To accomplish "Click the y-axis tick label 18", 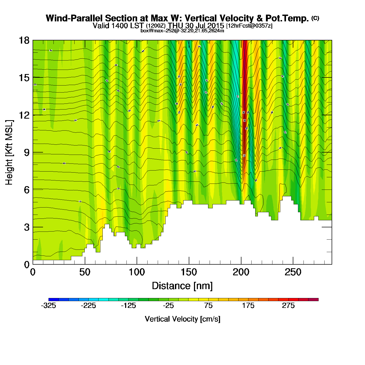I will click(x=24, y=40).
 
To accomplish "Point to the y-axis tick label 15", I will click(x=24, y=78).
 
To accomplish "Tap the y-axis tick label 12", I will click(x=24, y=115).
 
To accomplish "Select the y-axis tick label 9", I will click(x=27, y=153).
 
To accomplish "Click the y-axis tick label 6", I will click(x=27, y=190).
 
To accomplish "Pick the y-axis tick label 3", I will click(x=27, y=227).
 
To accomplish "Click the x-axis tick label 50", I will click(x=85, y=272).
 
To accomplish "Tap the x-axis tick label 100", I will click(x=137, y=272).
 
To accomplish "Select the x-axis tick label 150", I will click(x=189, y=272).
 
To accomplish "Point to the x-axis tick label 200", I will click(x=241, y=272).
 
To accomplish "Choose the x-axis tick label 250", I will click(x=293, y=272).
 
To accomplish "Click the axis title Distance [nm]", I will click(x=182, y=286).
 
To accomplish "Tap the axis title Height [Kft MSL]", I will click(x=9, y=153).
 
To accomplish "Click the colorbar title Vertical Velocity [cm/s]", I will click(x=182, y=319).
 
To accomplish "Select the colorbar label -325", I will click(x=48, y=306).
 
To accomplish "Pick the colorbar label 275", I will click(x=288, y=306).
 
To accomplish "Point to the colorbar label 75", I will click(x=208, y=306).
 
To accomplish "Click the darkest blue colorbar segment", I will click(x=53, y=300).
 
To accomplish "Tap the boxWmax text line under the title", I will click(x=182, y=31).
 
